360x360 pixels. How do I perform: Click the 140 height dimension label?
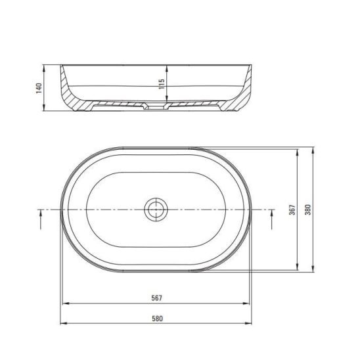(x=39, y=88)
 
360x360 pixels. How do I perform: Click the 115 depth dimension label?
(x=162, y=84)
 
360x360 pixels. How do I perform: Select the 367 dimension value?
(x=292, y=210)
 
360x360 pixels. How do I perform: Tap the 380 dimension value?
(x=308, y=210)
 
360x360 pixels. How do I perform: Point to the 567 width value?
(x=157, y=298)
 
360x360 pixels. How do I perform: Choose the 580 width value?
(x=157, y=319)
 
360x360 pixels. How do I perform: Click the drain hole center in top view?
(x=156, y=210)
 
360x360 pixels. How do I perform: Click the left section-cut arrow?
(x=41, y=219)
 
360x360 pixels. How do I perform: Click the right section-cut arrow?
(x=272, y=219)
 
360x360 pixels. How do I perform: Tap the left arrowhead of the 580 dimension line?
(x=63, y=323)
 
